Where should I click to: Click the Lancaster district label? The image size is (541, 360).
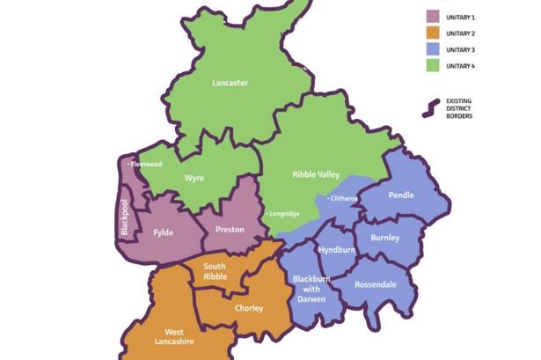point(230,83)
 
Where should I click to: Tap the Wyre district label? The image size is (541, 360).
point(194,178)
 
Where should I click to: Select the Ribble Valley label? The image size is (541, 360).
point(315,175)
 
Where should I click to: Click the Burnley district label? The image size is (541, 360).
point(385,238)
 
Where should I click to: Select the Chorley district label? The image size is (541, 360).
point(249,308)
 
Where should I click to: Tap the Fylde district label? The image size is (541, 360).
point(163,233)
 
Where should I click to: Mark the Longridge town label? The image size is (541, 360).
point(281,214)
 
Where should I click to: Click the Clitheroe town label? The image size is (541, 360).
point(343,199)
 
